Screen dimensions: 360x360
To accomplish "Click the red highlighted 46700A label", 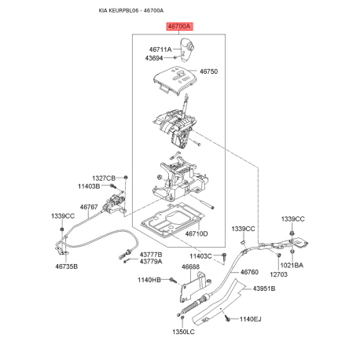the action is [179, 27].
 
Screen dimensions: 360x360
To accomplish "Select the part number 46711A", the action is [160, 50].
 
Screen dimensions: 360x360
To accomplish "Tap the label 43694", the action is [154, 58].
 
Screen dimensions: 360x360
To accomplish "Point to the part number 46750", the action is [208, 72].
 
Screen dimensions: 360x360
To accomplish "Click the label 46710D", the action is [197, 233].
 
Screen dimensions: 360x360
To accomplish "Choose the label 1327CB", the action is [104, 178].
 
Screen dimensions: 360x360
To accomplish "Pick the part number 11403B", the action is [89, 186].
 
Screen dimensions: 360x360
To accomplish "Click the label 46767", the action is [89, 207].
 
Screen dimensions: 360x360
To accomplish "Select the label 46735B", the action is [67, 266].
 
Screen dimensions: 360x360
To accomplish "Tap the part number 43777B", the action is [151, 255].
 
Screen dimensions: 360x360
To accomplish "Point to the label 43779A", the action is [151, 262].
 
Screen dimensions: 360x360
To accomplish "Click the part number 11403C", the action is [200, 256].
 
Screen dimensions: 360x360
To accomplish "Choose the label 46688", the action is [190, 266].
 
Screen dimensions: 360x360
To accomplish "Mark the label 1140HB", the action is [149, 280].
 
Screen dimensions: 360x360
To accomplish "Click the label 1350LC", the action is [183, 332].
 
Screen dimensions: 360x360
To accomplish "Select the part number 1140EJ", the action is [251, 319].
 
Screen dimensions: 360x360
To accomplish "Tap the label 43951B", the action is [264, 288].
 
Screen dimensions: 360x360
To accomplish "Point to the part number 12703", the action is [278, 274].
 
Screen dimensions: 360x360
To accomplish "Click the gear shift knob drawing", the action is [186, 50].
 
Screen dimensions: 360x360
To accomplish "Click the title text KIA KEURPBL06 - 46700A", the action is [131, 10].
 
